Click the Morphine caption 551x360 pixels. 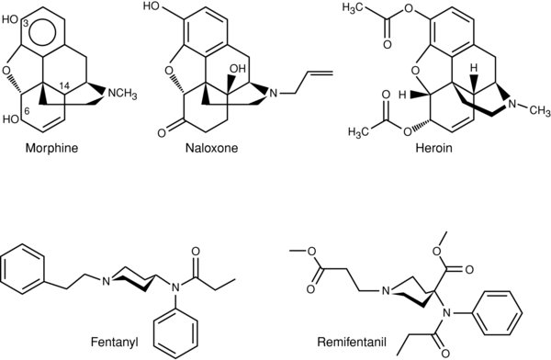pos(51,148)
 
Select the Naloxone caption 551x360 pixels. pos(211,148)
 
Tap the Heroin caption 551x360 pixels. pos(434,148)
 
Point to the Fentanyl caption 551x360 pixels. pos(115,342)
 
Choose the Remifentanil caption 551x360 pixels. pos(347,342)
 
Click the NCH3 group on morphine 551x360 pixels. pos(122,95)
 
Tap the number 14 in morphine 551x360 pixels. pos(64,85)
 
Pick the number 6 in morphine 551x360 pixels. pos(26,111)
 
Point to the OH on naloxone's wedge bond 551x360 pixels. pos(238,69)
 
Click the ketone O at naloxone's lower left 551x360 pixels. pos(162,133)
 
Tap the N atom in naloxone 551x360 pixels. pos(274,94)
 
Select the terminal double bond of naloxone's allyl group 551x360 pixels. pos(320,73)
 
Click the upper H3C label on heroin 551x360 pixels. pos(354,9)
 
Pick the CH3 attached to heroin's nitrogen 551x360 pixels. pos(540,111)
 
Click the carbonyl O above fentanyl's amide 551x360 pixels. pos(196,252)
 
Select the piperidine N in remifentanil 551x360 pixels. pos(386,291)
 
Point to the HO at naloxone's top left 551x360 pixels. pos(152,6)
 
